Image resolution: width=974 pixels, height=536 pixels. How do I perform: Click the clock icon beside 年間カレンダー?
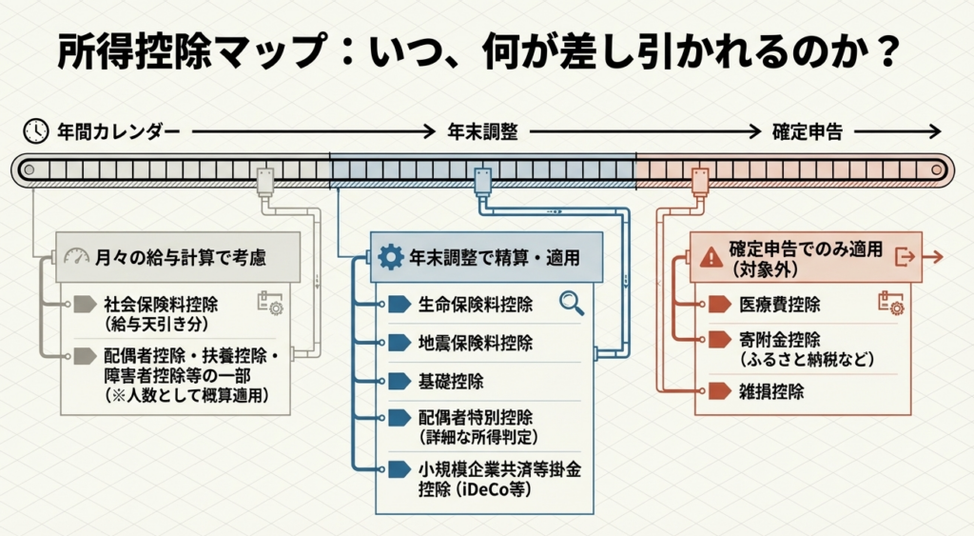point(36,131)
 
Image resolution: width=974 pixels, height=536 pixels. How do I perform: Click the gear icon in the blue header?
point(390,257)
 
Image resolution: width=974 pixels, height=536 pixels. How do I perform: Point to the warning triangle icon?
point(710,257)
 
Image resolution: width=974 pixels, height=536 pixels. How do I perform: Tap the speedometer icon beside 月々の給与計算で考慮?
point(75,256)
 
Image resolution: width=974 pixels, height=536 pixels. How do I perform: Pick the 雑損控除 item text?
point(770,391)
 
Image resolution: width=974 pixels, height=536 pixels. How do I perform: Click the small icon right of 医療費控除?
point(890,304)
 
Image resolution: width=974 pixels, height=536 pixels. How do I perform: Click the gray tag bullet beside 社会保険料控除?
point(86,305)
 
